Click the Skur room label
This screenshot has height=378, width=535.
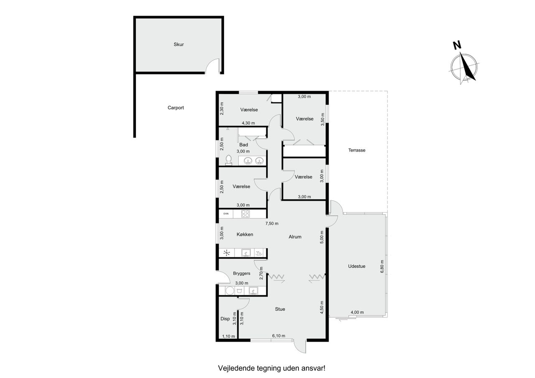pyautogui.click(x=178, y=44)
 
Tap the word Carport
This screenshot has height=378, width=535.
pyautogui.click(x=176, y=108)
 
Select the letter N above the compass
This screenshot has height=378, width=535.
pyautogui.click(x=457, y=46)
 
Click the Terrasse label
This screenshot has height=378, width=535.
pyautogui.click(x=357, y=150)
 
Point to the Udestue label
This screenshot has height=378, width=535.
pyautogui.click(x=357, y=266)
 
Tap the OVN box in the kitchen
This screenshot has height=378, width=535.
pyautogui.click(x=226, y=213)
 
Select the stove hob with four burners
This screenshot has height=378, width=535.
pyautogui.click(x=245, y=213)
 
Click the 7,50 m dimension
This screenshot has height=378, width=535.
pyautogui.click(x=272, y=223)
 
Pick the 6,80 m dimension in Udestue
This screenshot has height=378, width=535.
pyautogui.click(x=382, y=266)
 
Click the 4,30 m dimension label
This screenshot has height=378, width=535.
pyautogui.click(x=248, y=123)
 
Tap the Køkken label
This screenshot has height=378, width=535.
pyautogui.click(x=245, y=235)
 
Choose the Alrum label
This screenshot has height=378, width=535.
pyautogui.click(x=295, y=237)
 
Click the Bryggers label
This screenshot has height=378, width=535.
pyautogui.click(x=242, y=274)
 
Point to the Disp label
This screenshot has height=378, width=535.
pyautogui.click(x=225, y=319)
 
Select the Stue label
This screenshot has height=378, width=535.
pyautogui.click(x=280, y=309)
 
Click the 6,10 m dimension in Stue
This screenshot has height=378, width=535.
pyautogui.click(x=279, y=336)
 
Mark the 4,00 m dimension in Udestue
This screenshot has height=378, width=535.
pyautogui.click(x=357, y=312)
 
